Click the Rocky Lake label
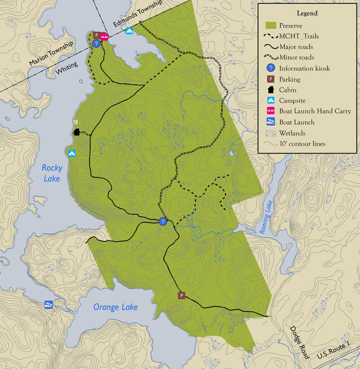point(52,173)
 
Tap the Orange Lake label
point(115,307)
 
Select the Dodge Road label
point(299,343)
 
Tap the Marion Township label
point(51,53)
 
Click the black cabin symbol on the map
point(76,132)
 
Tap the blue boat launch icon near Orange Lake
point(49,304)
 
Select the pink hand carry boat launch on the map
point(105,36)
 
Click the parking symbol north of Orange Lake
point(182,296)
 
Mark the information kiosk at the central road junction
point(163,222)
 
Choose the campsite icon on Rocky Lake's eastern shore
point(72,153)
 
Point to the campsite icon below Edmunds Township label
point(129,31)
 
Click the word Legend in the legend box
point(307,13)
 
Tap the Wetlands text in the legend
point(292,133)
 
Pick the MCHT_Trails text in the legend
point(299,36)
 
